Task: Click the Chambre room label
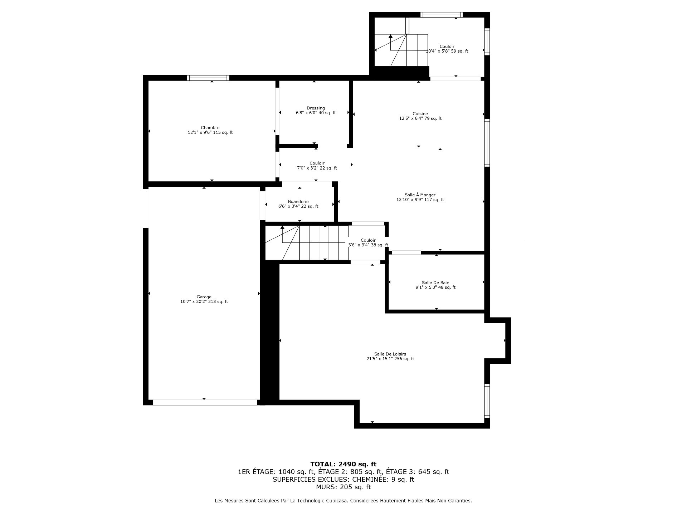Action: click(x=210, y=128)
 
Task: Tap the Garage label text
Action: click(x=204, y=297)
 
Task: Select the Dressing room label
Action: click(x=316, y=108)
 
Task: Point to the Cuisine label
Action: click(x=420, y=114)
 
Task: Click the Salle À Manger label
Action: click(x=420, y=195)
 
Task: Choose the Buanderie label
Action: click(x=298, y=202)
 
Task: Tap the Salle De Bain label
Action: click(x=435, y=283)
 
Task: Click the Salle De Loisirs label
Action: click(x=390, y=354)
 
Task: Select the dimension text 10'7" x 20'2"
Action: click(x=194, y=301)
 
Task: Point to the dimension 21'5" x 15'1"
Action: click(x=380, y=359)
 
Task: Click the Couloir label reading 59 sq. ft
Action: click(x=447, y=46)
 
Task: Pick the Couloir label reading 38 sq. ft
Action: click(x=368, y=240)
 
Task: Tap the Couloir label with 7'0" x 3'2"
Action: click(x=317, y=163)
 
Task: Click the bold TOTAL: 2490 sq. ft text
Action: click(x=343, y=464)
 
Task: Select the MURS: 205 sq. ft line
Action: click(x=343, y=487)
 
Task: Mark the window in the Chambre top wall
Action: click(x=208, y=78)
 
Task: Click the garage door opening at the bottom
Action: click(x=205, y=402)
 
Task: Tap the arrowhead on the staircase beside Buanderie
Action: click(x=282, y=227)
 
